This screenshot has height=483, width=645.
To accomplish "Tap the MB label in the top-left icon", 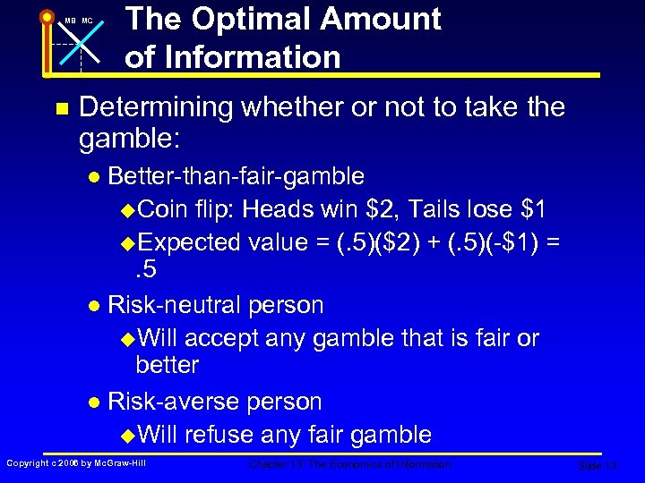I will (x=68, y=21).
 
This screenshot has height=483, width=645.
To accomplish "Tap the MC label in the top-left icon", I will (x=87, y=21).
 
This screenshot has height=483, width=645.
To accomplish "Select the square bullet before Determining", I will (x=60, y=109).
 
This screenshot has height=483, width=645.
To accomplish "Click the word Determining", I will (x=154, y=108).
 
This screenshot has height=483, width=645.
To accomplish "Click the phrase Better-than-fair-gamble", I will (x=236, y=175).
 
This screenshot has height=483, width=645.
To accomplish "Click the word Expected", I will (x=191, y=241).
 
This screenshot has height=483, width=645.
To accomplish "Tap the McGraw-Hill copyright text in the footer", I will (x=76, y=462).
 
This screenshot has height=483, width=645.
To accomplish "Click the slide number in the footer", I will (x=598, y=466).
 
